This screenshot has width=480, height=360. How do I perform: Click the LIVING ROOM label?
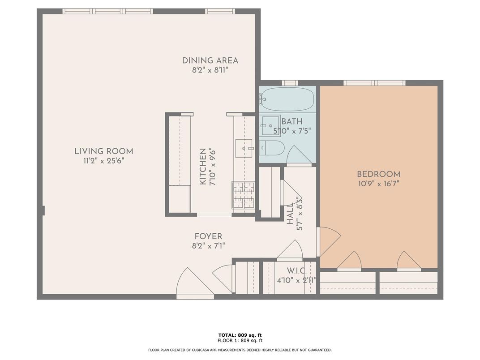[104, 151]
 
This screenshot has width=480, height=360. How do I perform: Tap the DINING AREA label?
[210, 60]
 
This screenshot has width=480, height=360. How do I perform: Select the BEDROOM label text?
[379, 174]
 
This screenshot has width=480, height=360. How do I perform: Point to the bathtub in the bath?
[287, 99]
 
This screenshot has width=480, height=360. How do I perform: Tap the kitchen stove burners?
[244, 195]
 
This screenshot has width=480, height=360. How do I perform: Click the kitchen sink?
[244, 149]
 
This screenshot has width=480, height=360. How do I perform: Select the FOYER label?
[209, 236]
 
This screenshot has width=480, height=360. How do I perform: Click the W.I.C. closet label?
[296, 271]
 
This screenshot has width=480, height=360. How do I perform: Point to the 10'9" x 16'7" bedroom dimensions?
[379, 184]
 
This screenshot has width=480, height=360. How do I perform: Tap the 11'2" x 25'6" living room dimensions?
[104, 161]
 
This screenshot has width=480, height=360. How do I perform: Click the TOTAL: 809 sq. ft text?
[240, 335]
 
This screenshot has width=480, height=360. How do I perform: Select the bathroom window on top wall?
[290, 83]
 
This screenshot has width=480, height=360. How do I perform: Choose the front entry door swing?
[192, 283]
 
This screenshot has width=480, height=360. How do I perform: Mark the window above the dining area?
[220, 11]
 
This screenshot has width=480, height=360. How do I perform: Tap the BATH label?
[292, 121]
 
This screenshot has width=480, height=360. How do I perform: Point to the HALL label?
[290, 214]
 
